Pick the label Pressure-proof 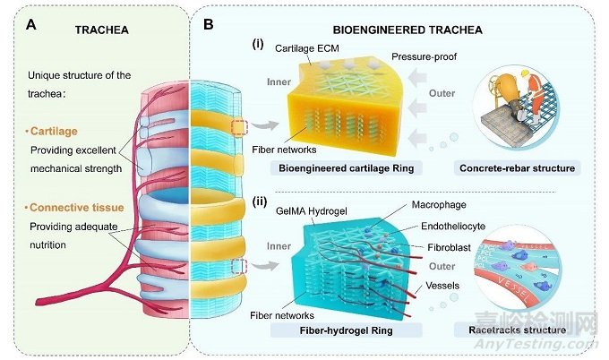(425, 56)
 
